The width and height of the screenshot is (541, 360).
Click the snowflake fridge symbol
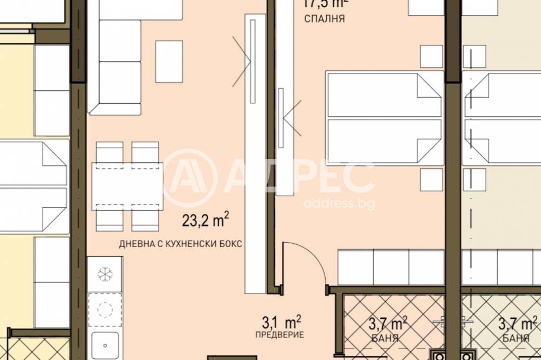click(104, 275)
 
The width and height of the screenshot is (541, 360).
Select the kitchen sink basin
click(104, 342)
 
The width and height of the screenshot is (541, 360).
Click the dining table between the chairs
click(127, 186)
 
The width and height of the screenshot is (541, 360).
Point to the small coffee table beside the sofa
click(169, 61)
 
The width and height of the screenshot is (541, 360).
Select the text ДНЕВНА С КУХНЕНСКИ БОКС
click(180, 244)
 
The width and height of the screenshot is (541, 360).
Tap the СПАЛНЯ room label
click(325, 19)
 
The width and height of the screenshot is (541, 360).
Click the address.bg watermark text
click(339, 204)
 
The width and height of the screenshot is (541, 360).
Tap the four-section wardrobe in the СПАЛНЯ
click(391, 267)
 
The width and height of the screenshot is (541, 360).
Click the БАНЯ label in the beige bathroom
click(516, 339)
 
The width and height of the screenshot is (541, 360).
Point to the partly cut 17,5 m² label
click(324, 4)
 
